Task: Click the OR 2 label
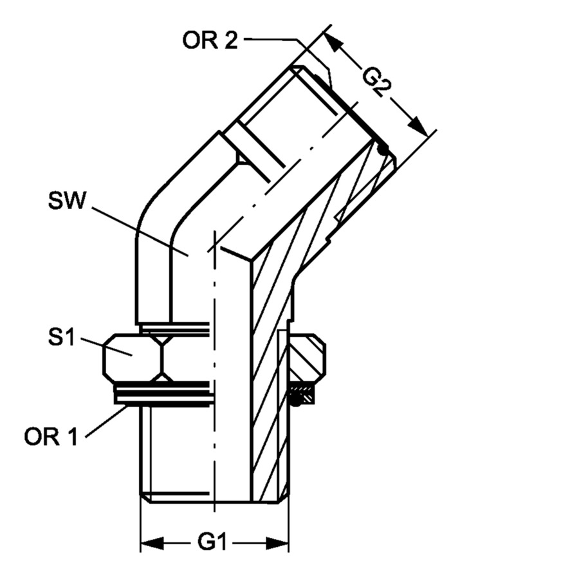(210, 40)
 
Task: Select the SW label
(67, 201)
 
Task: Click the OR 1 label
(51, 437)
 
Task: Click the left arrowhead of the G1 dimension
(152, 543)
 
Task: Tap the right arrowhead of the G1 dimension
(277, 543)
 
